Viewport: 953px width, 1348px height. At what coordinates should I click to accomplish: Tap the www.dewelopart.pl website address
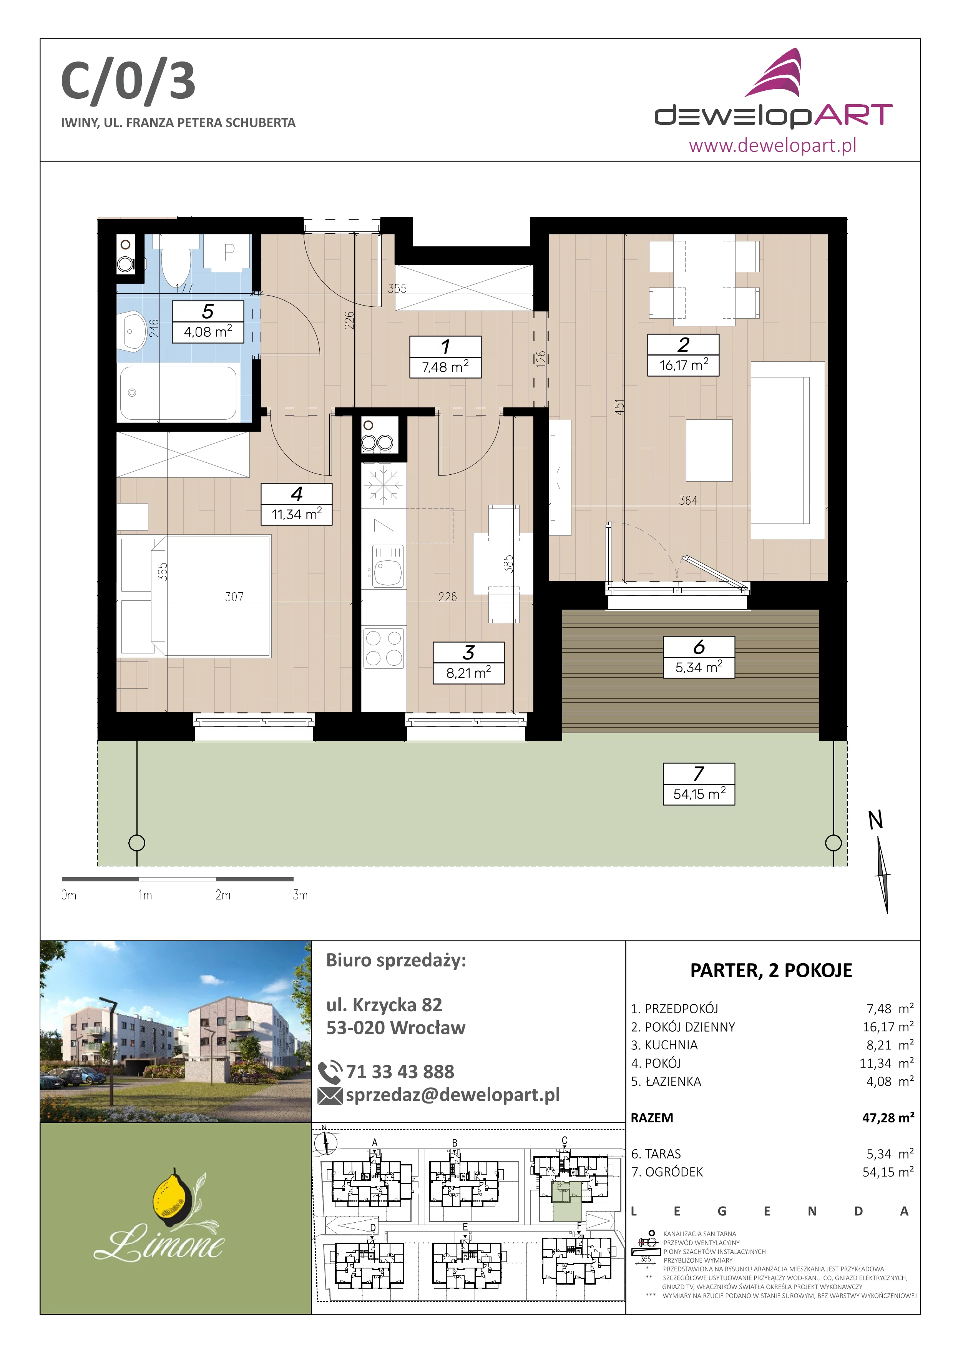click(x=772, y=145)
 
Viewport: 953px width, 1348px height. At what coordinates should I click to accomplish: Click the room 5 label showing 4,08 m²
click(x=208, y=322)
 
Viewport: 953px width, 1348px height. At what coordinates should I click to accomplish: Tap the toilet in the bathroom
click(x=176, y=260)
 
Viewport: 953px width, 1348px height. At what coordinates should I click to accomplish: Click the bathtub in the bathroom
click(x=178, y=392)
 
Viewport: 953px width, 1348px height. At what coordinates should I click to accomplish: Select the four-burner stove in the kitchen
click(x=384, y=648)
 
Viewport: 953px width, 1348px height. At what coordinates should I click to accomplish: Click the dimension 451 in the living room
click(x=620, y=407)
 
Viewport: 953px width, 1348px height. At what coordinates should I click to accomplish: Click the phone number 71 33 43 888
click(x=400, y=1072)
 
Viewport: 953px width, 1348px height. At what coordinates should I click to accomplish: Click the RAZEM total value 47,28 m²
click(x=888, y=1118)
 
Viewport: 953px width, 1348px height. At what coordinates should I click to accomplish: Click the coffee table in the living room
click(x=709, y=450)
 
